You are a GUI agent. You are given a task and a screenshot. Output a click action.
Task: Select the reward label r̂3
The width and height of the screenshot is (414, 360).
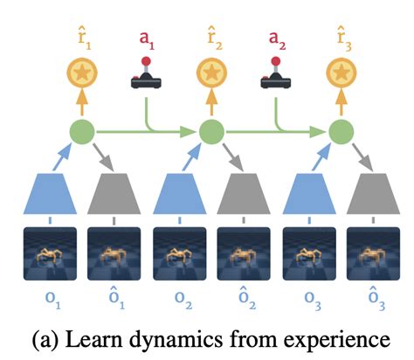coord(340,38)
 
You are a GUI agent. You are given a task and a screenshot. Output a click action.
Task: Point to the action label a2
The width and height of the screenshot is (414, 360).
coord(274,38)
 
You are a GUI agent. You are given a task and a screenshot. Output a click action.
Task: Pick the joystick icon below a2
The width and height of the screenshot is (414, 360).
coord(274,75)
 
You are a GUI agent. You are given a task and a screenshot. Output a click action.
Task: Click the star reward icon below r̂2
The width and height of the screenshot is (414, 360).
coord(210,77)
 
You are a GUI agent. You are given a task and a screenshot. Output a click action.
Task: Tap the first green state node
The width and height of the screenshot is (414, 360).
coord(81,134)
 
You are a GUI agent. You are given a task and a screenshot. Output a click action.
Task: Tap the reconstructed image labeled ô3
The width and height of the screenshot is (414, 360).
coord(371,253)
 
